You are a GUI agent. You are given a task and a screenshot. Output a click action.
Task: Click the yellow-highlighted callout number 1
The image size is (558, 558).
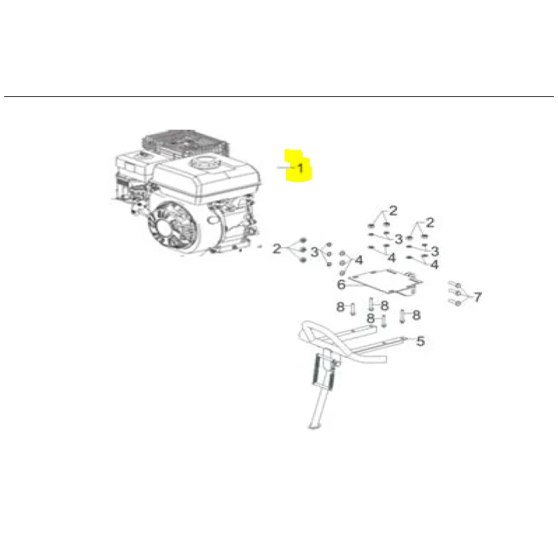pyautogui.click(x=301, y=168)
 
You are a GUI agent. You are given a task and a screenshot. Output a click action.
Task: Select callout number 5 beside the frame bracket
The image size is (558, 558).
pyautogui.click(x=421, y=341)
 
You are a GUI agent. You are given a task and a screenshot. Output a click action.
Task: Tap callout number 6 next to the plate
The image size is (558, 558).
pyautogui.click(x=341, y=285)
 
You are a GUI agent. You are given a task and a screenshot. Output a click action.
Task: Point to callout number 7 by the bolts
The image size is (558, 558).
pyautogui.click(x=478, y=296)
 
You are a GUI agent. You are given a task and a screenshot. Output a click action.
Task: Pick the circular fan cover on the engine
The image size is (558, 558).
pyautogui.click(x=173, y=228)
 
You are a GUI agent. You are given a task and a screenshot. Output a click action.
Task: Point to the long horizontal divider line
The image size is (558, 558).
pyautogui.click(x=279, y=96)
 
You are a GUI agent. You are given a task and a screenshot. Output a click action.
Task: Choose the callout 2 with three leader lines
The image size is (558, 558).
pyautogui.click(x=276, y=248)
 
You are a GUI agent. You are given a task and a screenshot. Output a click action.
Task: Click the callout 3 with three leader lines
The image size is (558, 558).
pyautogui.click(x=315, y=252)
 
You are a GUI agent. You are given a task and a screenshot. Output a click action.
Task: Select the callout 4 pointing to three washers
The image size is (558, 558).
pyautogui.click(x=359, y=260)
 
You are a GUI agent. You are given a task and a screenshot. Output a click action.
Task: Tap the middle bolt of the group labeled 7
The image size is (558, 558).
pyautogui.click(x=455, y=293)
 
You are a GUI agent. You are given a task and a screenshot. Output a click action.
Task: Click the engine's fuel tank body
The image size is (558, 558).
pyautogui.click(x=207, y=181)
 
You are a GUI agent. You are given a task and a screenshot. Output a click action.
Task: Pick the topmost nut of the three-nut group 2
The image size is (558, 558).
pyautogui.click(x=303, y=239)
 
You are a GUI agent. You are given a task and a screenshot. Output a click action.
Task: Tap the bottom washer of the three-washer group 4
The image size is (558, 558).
pyautogui.click(x=342, y=273)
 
